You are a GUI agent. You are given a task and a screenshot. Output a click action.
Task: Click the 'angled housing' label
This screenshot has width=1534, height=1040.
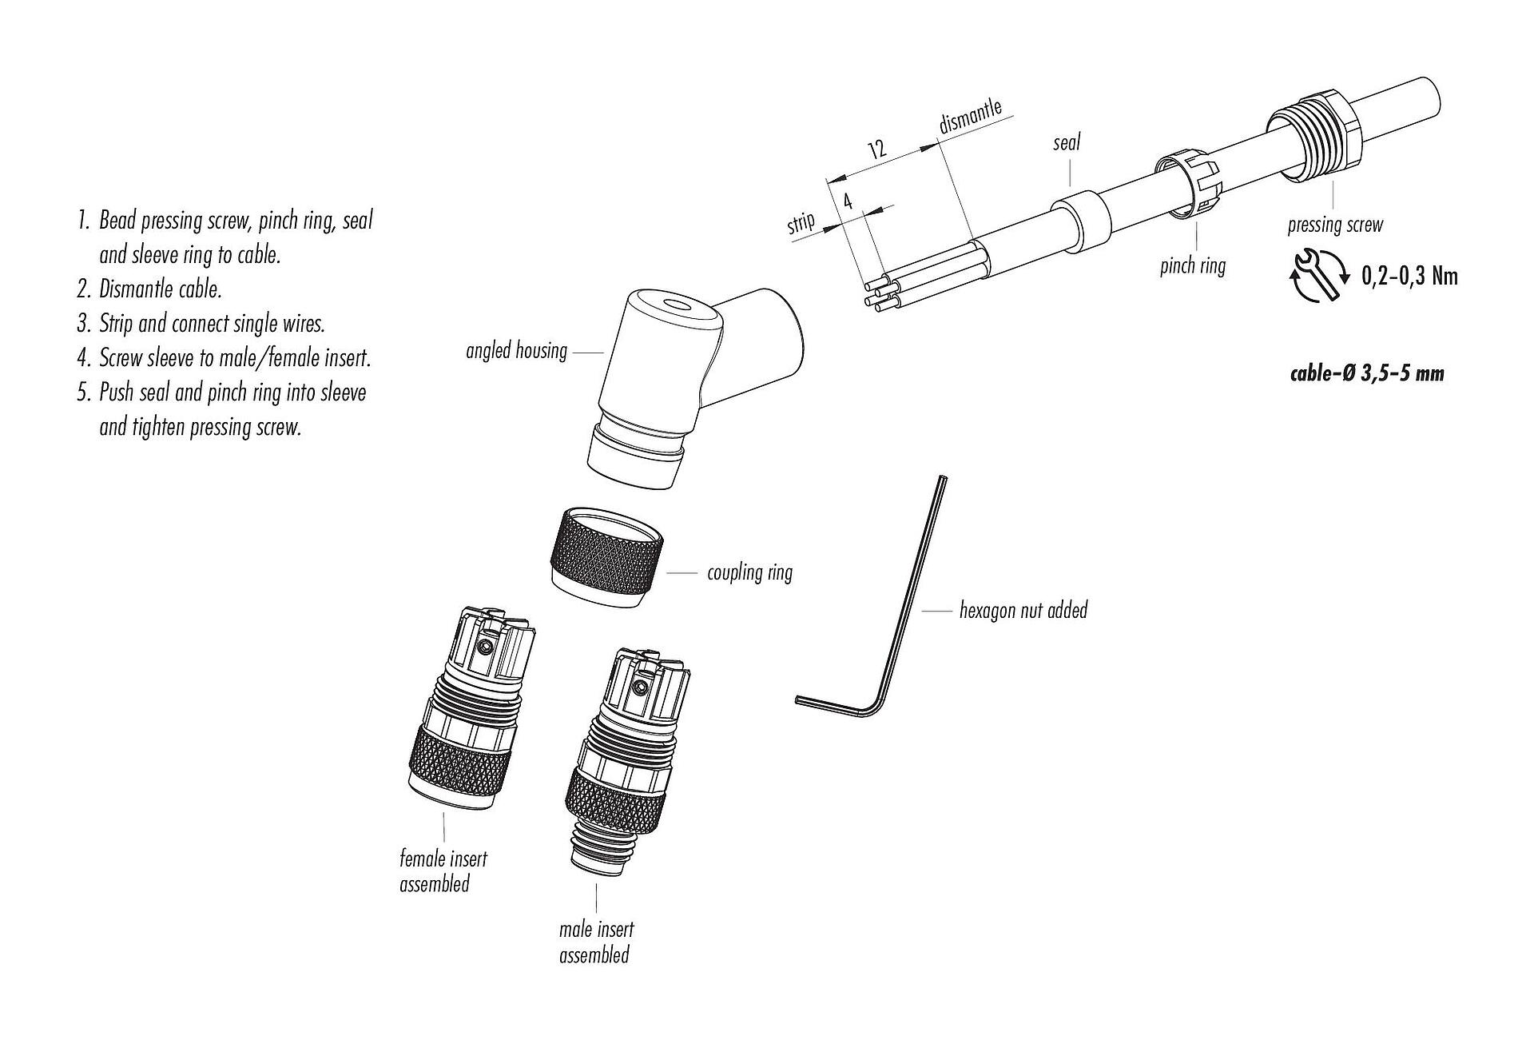[x=516, y=351]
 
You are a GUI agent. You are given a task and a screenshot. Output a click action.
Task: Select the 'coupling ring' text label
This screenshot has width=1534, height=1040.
[x=749, y=572]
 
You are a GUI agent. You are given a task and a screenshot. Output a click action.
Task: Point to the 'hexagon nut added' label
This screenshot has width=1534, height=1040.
[x=1023, y=611]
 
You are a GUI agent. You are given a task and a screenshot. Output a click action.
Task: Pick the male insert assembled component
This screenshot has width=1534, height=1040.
[x=623, y=759]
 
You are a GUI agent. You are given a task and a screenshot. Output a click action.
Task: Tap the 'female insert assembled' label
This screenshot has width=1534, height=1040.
[x=443, y=871]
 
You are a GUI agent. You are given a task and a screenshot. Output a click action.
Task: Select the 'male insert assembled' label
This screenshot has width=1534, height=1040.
[x=595, y=942]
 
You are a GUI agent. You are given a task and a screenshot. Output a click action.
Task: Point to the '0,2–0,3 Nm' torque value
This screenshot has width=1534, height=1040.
[x=1409, y=276]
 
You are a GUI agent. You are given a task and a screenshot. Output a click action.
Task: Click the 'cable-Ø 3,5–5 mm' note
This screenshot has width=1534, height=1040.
[x=1367, y=373]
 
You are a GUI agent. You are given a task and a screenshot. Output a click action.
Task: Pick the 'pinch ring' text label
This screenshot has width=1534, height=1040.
[x=1192, y=265]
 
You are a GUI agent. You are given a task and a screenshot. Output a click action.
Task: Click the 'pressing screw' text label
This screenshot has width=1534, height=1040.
[x=1334, y=225]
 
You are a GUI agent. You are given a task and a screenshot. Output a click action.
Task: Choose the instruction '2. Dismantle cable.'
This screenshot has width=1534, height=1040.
[x=149, y=289]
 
